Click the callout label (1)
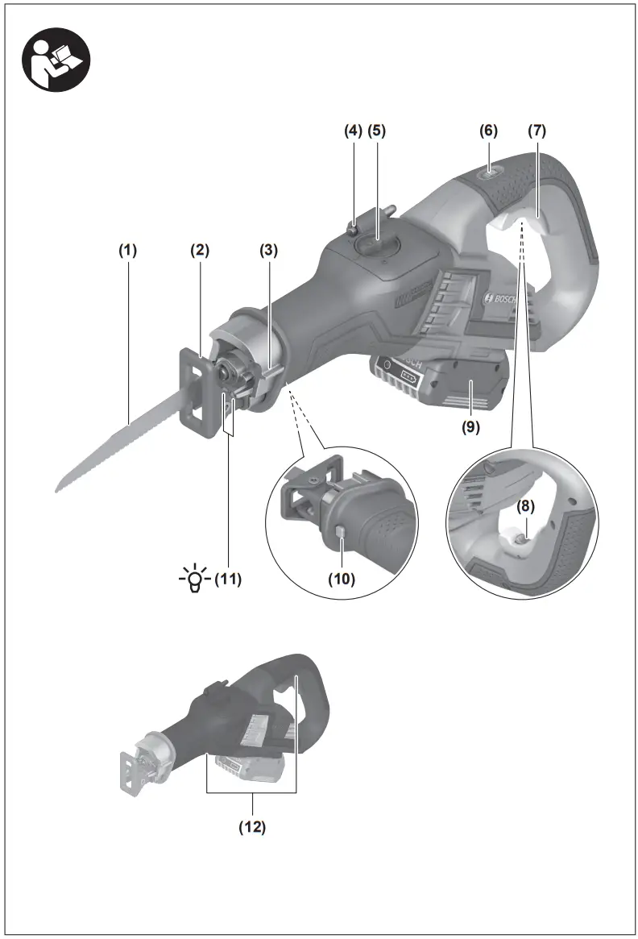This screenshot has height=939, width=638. click(x=129, y=250)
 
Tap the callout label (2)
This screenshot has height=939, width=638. click(x=199, y=250)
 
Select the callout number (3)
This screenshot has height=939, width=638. click(x=268, y=250)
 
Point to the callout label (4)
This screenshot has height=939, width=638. click(x=354, y=130)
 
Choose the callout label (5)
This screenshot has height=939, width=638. click(x=378, y=130)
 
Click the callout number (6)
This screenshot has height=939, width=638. click(x=489, y=130)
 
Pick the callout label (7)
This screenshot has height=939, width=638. click(x=537, y=130)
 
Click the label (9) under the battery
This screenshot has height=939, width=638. click(x=470, y=427)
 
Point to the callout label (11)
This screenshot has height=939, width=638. click(x=228, y=578)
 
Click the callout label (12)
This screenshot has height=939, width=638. click(x=252, y=826)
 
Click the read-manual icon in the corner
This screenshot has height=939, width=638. click(x=56, y=63)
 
